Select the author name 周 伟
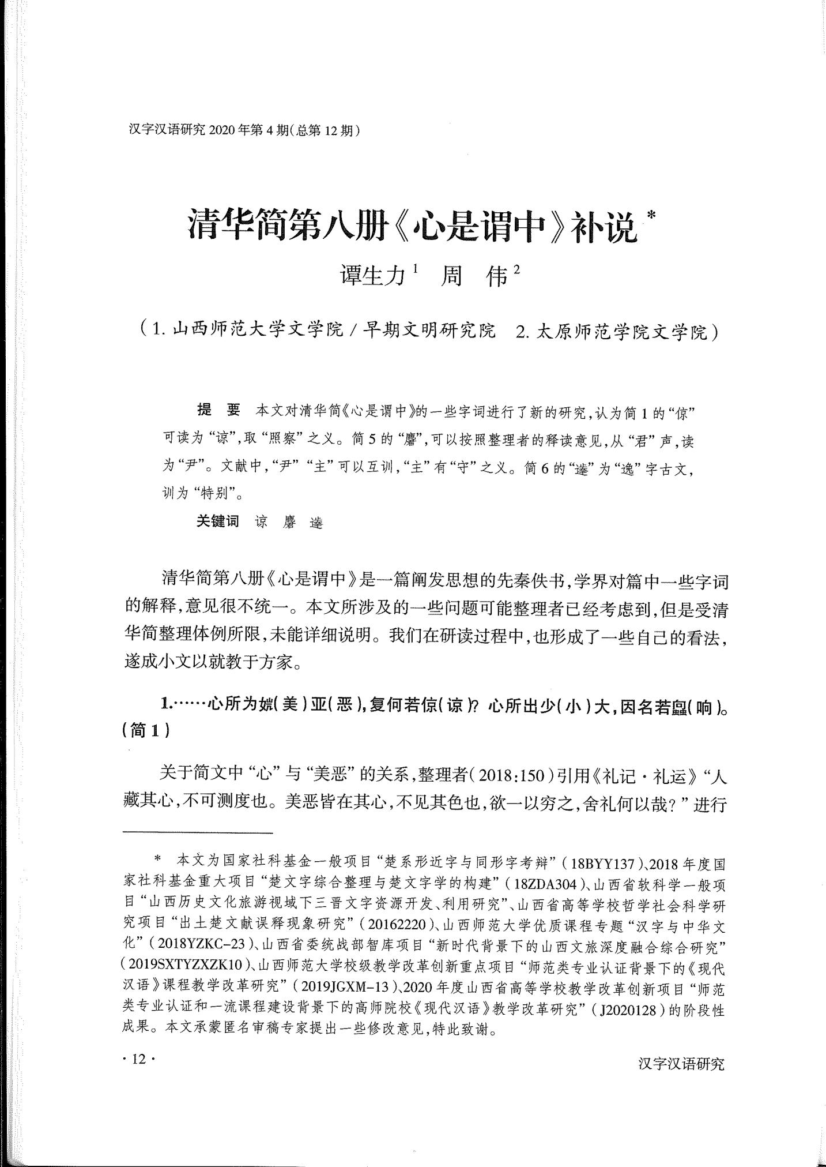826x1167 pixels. (x=472, y=276)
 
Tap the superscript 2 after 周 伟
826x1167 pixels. (x=516, y=269)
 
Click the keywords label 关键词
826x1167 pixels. (x=217, y=521)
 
